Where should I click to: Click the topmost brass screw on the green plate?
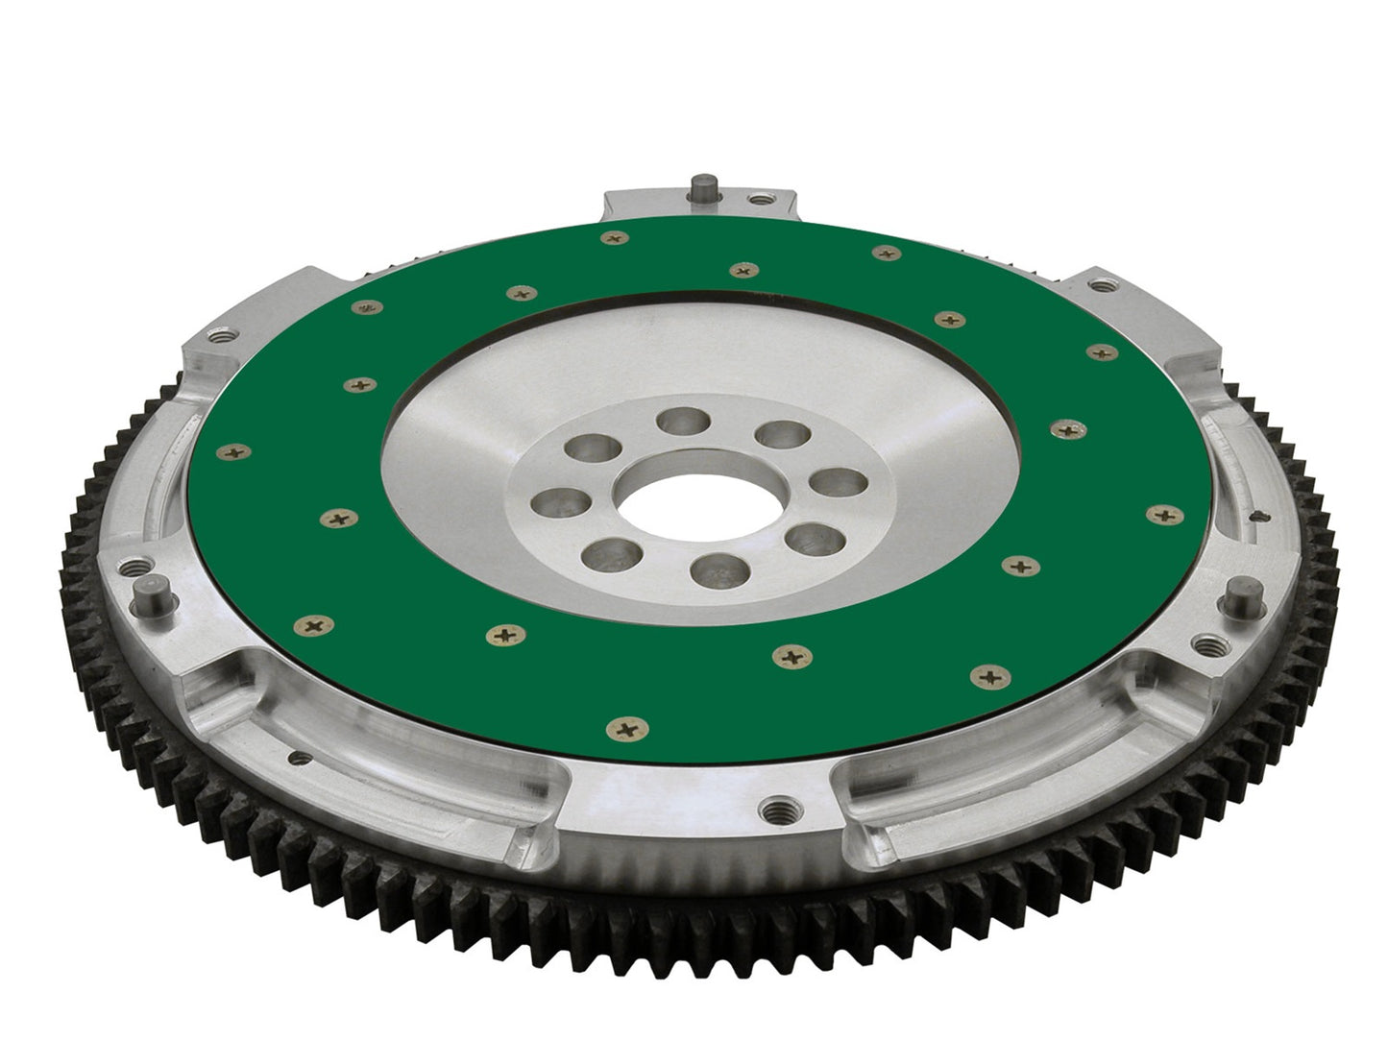(610, 237)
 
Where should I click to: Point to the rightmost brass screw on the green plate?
(1164, 515)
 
